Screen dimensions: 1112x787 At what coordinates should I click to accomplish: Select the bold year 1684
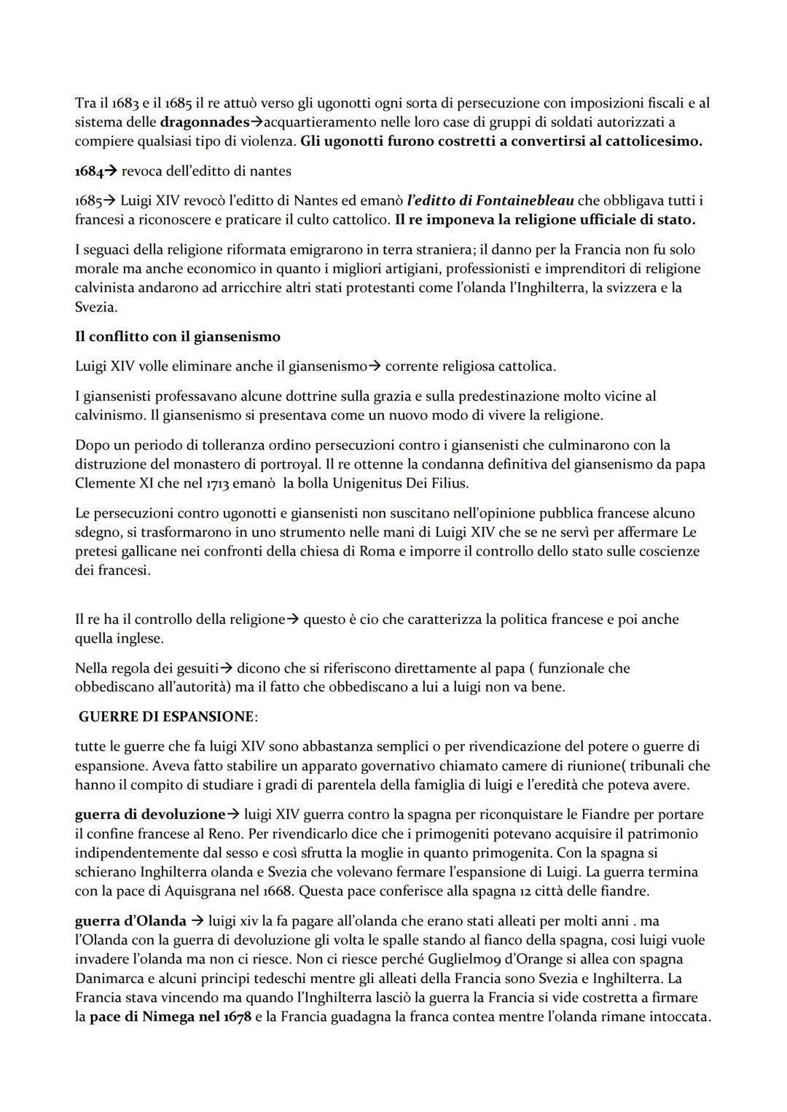88,171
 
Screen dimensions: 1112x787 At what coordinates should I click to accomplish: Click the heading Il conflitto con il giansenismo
177,337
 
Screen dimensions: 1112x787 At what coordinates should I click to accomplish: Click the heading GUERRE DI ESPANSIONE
167,717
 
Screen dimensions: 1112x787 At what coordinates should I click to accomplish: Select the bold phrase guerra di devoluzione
149,815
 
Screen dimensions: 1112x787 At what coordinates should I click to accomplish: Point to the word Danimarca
109,979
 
